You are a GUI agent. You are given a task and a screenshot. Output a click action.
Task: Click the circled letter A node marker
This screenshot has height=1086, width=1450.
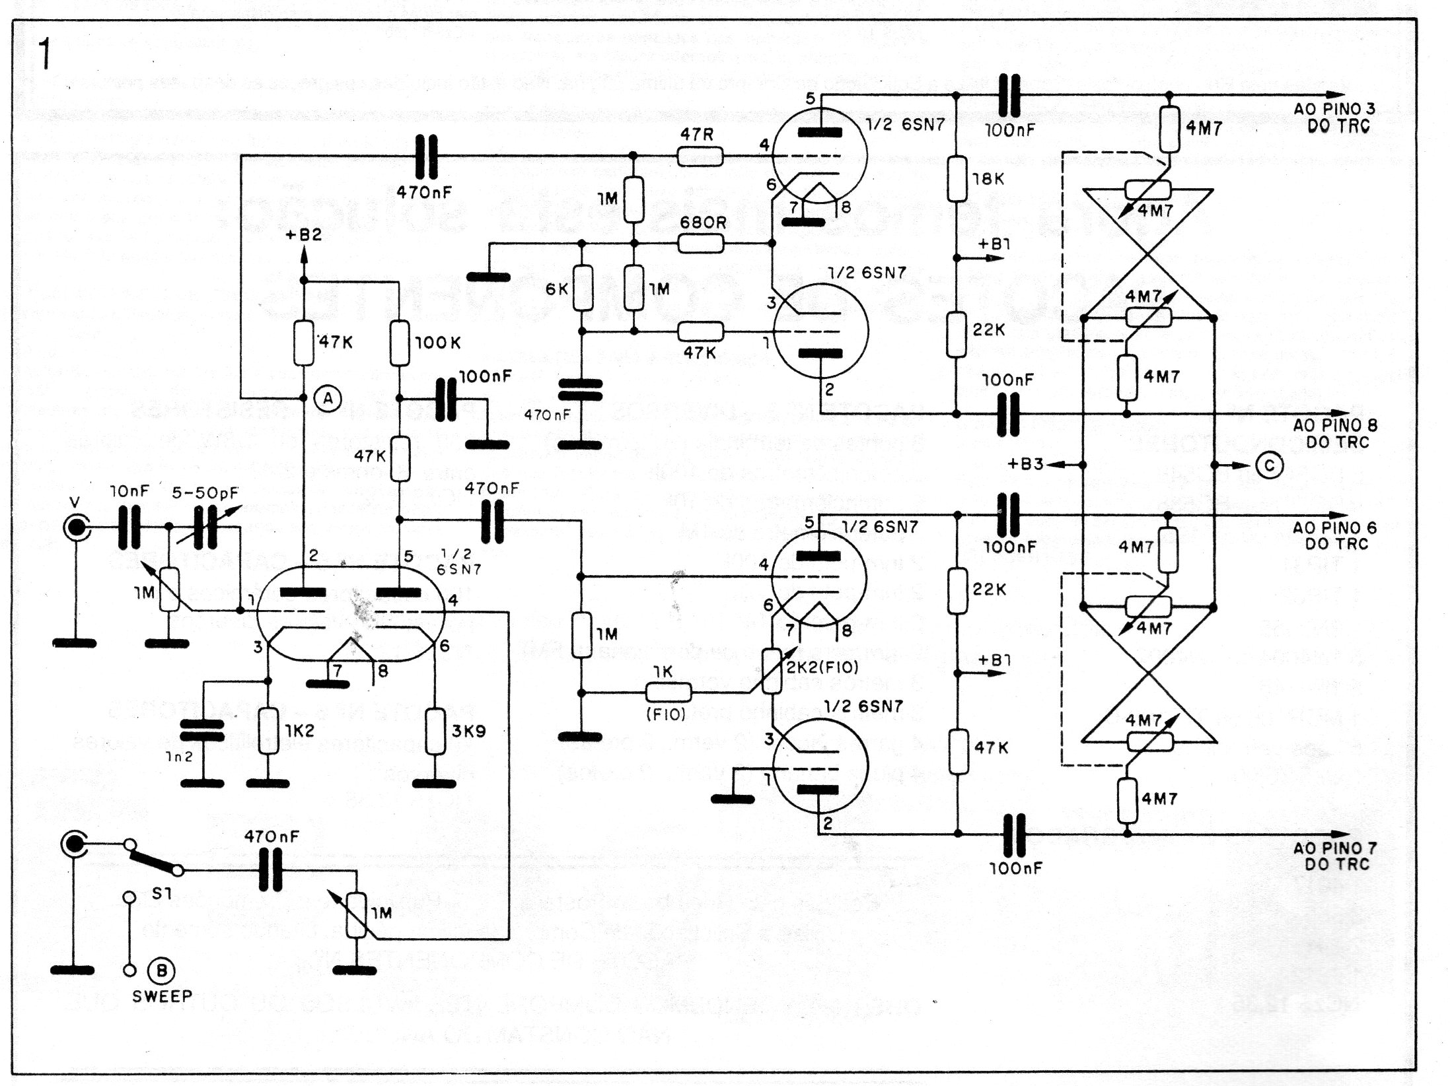(328, 398)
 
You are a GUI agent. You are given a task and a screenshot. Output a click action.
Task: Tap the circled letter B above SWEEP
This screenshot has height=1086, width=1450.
(161, 970)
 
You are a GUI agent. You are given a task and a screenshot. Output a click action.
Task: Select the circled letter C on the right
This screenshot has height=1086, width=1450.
(1269, 465)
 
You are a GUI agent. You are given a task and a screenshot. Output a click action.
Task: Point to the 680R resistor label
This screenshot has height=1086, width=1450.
(703, 222)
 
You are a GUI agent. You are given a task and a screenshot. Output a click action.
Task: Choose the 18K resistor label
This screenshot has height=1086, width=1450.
(989, 178)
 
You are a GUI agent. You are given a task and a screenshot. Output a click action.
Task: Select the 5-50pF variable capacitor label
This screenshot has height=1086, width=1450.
(205, 492)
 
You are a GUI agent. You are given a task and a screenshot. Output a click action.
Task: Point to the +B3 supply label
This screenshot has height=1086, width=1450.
(1025, 464)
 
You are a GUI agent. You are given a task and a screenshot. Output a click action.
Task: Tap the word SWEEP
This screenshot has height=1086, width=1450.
(162, 996)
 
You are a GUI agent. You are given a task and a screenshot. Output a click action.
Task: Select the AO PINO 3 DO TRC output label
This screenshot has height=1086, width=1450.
(1334, 117)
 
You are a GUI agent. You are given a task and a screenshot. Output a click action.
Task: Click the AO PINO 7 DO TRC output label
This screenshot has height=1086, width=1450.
(1334, 856)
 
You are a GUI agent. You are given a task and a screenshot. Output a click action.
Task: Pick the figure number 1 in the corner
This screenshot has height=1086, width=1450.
(45, 54)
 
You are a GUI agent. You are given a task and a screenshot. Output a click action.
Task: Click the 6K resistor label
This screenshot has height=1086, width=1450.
(557, 289)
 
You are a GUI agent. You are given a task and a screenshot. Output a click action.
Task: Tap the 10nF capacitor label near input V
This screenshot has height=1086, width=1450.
(129, 492)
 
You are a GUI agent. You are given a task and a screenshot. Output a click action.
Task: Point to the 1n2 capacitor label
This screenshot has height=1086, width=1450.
(179, 757)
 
